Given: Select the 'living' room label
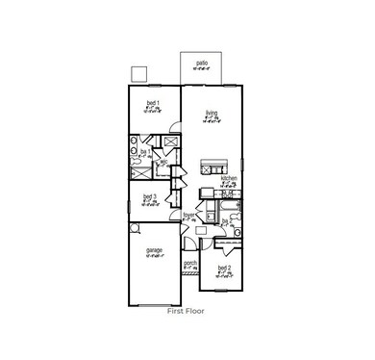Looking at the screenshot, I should (x=211, y=114).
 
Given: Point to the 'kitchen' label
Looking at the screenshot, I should (x=229, y=178).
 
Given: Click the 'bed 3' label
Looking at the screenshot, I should (x=150, y=198).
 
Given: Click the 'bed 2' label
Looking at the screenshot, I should (x=225, y=268).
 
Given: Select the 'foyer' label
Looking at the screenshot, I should (x=189, y=215).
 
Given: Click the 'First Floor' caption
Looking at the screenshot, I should (x=187, y=312).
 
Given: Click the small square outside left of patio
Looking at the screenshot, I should (x=138, y=74).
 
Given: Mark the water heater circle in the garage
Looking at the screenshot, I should (x=136, y=228).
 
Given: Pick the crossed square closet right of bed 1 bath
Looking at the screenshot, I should (x=169, y=144).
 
